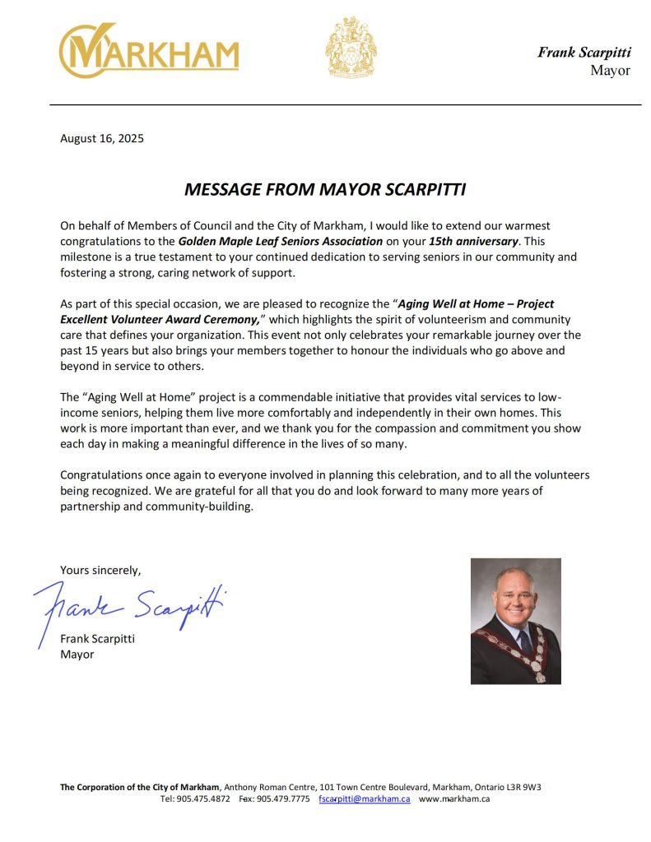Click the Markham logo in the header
click(148, 51)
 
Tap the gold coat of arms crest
click(351, 48)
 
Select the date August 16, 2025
click(102, 138)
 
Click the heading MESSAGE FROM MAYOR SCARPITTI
click(325, 190)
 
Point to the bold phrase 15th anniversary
click(480, 241)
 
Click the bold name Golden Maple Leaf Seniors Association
click(281, 241)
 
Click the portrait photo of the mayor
click(515, 621)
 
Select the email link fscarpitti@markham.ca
click(364, 798)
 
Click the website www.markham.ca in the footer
click(454, 798)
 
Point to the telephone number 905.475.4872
click(203, 798)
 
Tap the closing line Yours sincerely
click(100, 569)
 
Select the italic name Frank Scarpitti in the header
click(584, 52)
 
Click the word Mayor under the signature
click(77, 655)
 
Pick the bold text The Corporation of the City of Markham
click(140, 787)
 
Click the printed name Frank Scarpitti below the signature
click(98, 639)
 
